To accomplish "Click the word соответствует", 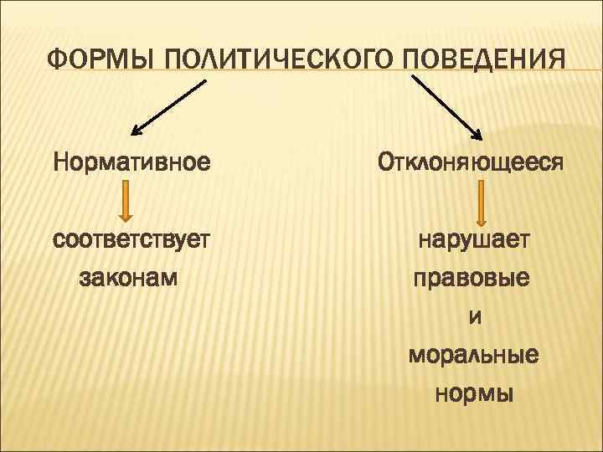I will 131,241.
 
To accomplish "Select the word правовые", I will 472,277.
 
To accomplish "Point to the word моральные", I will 473,355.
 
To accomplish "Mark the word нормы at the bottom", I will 474,393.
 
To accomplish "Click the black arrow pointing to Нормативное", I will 169,106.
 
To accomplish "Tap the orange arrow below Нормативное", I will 125,200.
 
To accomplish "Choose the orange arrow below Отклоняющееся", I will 484,200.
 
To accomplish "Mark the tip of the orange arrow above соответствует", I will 125,218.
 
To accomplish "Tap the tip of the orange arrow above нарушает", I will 484,218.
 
